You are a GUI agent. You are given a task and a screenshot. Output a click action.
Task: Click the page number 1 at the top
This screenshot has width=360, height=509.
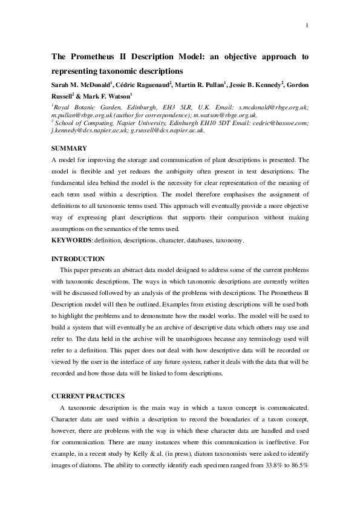(308, 25)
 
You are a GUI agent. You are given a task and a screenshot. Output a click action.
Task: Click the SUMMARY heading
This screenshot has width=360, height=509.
(69, 148)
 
